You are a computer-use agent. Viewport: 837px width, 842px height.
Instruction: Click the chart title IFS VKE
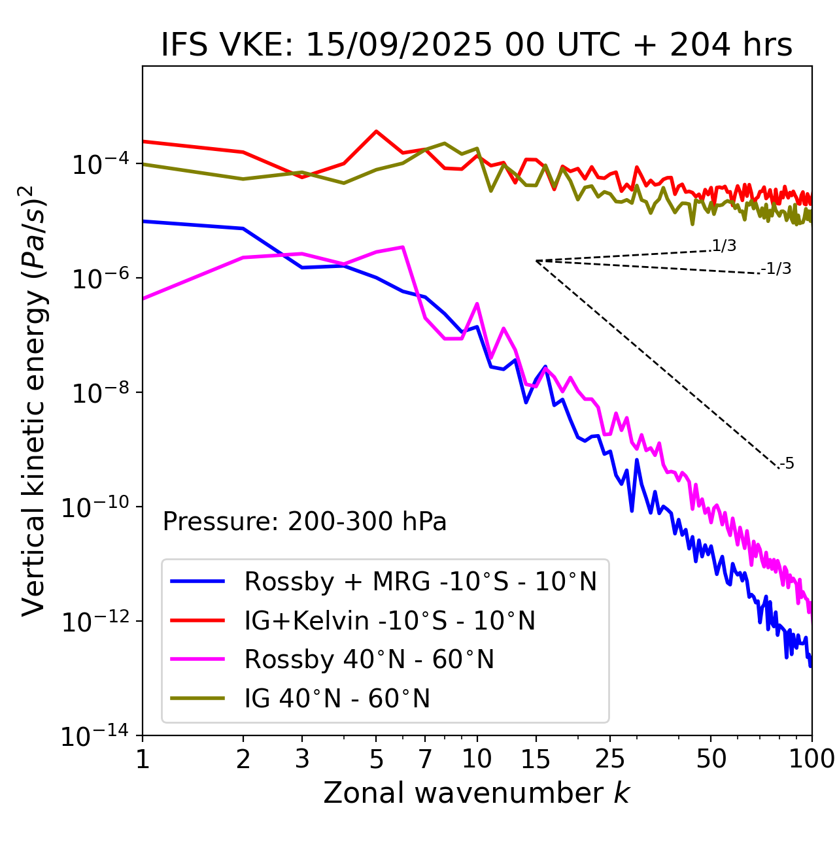click(x=477, y=46)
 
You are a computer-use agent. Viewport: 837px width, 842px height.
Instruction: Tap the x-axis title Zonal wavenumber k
click(x=477, y=793)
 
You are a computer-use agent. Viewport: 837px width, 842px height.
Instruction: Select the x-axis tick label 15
click(x=536, y=759)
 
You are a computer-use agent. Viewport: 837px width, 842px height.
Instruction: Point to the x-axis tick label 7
click(x=425, y=759)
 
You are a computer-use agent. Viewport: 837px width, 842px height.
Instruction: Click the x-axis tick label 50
click(x=711, y=759)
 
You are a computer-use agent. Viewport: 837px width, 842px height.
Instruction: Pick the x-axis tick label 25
click(x=610, y=759)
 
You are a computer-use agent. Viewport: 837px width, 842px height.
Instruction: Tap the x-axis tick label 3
click(x=301, y=759)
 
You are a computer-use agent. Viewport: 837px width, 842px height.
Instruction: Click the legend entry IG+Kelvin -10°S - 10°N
click(x=390, y=620)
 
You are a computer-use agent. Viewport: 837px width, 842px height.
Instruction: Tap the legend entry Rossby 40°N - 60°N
click(x=369, y=660)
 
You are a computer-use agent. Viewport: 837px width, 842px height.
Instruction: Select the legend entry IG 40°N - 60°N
click(x=337, y=699)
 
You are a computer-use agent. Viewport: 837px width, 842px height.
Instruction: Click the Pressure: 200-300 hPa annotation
click(x=305, y=522)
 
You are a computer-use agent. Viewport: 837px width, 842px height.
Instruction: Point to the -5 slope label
click(x=787, y=464)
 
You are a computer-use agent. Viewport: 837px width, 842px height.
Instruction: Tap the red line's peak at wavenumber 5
click(x=376, y=131)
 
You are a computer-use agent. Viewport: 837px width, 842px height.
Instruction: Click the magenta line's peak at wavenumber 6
click(x=403, y=247)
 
